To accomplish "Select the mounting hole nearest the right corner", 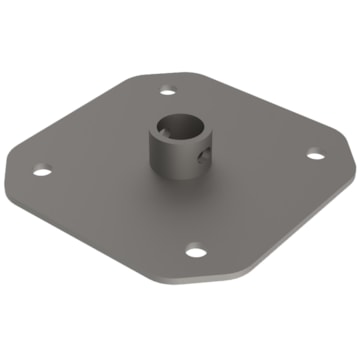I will tap(314, 153).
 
